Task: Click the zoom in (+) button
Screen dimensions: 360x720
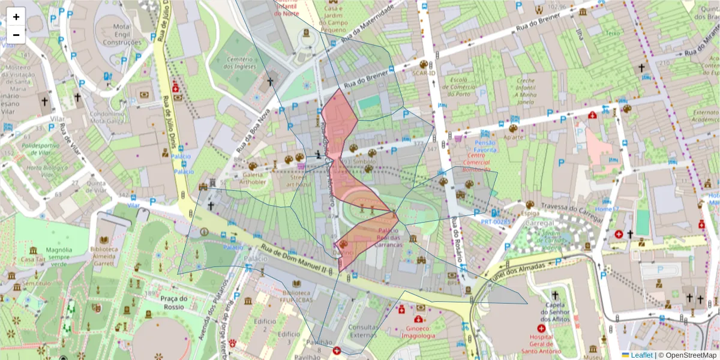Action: [x=16, y=17]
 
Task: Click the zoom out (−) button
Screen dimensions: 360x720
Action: [x=16, y=35]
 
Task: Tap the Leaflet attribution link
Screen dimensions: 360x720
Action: [x=640, y=355]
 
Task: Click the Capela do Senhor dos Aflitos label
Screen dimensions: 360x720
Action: [x=555, y=308]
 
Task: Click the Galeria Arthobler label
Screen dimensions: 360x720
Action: [x=252, y=178]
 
